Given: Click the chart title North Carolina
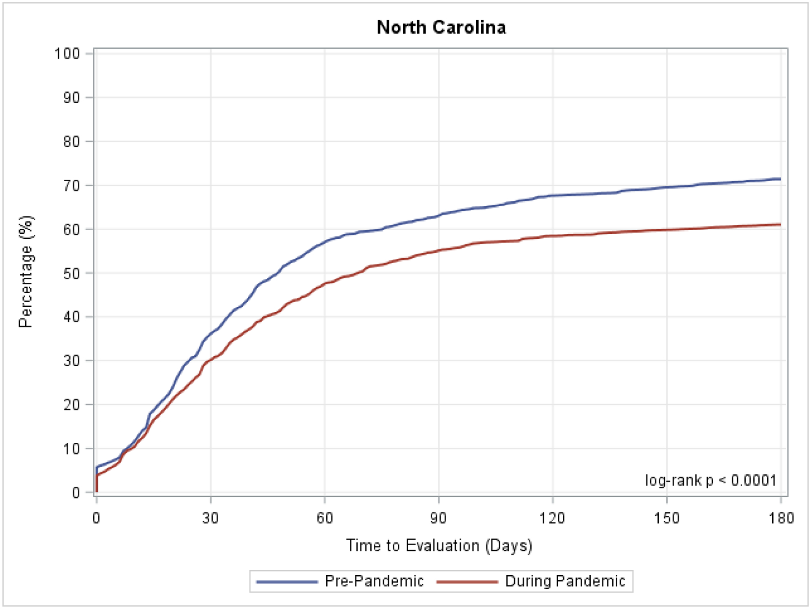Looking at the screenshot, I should (x=441, y=27).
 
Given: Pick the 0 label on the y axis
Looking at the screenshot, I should (x=75, y=492).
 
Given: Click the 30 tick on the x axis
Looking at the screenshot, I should (x=210, y=518).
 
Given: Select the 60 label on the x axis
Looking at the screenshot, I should (x=324, y=518).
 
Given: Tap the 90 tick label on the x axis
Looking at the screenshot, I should (x=438, y=518).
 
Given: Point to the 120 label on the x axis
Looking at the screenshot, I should (x=552, y=518).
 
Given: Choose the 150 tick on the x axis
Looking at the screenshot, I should (x=667, y=518).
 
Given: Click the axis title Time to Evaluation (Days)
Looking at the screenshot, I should (x=439, y=546).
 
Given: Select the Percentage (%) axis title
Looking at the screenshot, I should (x=26, y=272).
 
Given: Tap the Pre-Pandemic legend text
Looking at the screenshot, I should (x=374, y=582).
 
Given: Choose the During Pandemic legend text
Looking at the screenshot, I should (x=565, y=582).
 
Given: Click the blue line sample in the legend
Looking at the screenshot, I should (x=287, y=582).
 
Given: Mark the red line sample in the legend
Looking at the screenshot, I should (x=467, y=582).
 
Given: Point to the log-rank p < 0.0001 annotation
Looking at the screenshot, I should (x=711, y=481).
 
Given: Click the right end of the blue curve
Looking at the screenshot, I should (x=780, y=179).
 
